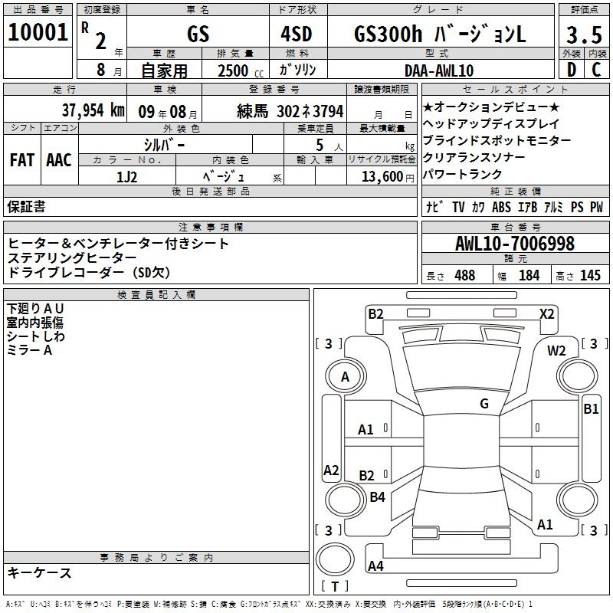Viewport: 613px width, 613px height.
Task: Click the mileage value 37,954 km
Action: [x=92, y=110]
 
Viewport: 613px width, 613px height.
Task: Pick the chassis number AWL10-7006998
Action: [x=514, y=244]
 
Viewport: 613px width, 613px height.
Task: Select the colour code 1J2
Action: [x=126, y=175]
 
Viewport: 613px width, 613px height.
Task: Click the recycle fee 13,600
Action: [x=381, y=175]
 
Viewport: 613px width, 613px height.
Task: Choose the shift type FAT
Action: [x=21, y=159]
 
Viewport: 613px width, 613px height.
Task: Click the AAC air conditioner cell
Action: [x=59, y=159]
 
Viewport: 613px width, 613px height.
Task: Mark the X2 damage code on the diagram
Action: [x=546, y=313]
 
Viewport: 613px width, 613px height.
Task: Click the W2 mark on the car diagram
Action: [x=556, y=350]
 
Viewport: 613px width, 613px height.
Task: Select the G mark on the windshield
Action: [x=484, y=404]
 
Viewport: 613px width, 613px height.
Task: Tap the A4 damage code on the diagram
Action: [x=375, y=566]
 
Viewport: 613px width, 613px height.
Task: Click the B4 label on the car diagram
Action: [x=377, y=497]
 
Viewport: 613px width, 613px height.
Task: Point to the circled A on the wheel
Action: [x=345, y=376]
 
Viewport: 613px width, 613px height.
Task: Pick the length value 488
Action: [x=464, y=276]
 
